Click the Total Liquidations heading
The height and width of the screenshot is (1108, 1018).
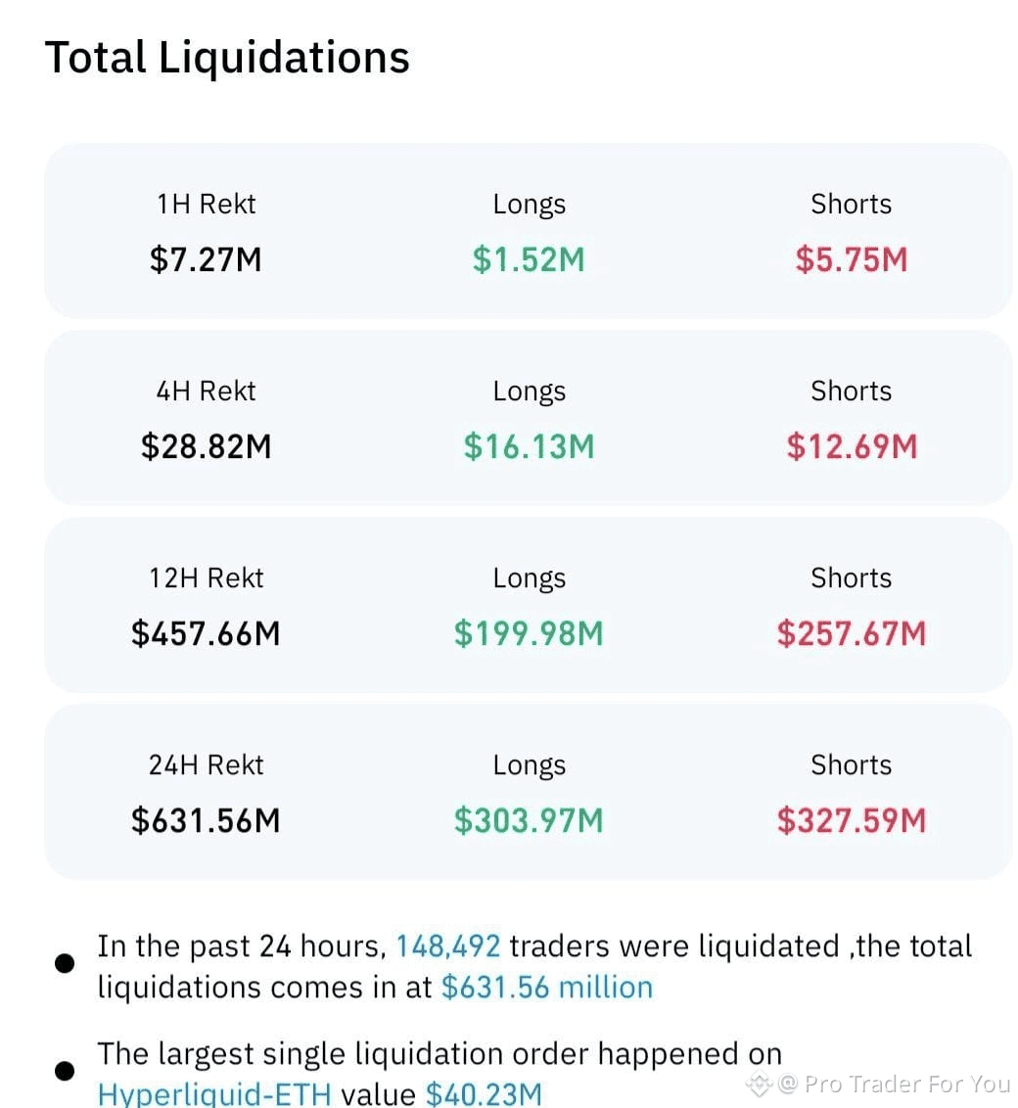[x=227, y=57]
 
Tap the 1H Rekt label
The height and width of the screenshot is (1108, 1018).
[x=206, y=204]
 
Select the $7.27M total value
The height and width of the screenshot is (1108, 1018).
[x=206, y=259]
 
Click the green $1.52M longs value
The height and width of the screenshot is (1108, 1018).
[x=529, y=259]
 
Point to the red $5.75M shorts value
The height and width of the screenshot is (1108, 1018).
[x=851, y=259]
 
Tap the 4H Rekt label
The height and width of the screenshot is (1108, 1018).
[x=206, y=391]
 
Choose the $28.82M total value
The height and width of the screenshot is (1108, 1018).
[x=206, y=446]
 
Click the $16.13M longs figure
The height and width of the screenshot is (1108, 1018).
[x=529, y=446]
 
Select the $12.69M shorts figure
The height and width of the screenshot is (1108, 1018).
[x=852, y=446]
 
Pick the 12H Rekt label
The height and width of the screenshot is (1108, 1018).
[x=206, y=577]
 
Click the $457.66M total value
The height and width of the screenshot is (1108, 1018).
[x=206, y=633]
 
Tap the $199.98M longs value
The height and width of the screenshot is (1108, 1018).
[x=529, y=633]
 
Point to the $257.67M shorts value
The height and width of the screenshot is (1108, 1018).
[x=852, y=633]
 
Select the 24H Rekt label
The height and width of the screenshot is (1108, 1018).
[x=206, y=764]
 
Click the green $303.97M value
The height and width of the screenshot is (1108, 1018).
[x=529, y=820]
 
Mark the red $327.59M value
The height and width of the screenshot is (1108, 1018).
[x=852, y=820]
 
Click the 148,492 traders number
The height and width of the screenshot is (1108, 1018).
[x=448, y=946]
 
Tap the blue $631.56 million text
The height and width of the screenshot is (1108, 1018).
[x=547, y=987]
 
